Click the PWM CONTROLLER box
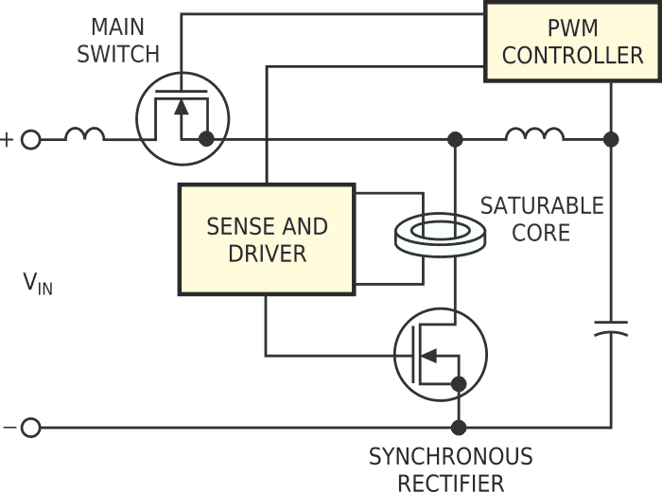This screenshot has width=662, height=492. click(x=572, y=41)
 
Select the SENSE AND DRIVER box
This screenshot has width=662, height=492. click(x=267, y=239)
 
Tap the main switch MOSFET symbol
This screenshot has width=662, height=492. click(x=183, y=118)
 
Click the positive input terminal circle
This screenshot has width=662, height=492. click(x=30, y=140)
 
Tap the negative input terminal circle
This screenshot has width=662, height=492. click(x=30, y=428)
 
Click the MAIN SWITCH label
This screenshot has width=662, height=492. click(x=118, y=39)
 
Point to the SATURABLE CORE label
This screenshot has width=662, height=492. click(x=541, y=219)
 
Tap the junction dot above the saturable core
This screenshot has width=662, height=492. click(x=455, y=139)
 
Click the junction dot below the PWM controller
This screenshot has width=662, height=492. click(x=611, y=139)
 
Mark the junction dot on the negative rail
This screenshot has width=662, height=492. click(x=459, y=428)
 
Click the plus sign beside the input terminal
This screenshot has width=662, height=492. click(x=8, y=140)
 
